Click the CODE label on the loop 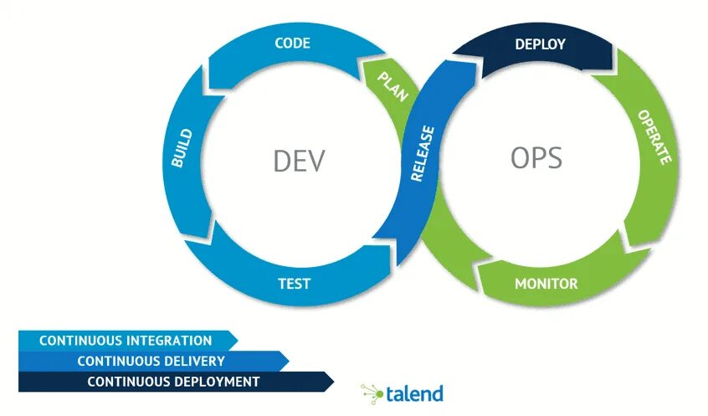[292, 44]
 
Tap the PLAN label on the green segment [392, 86]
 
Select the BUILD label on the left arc [182, 148]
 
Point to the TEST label [295, 283]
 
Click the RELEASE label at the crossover [423, 153]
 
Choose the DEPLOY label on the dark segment [540, 44]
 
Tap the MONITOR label [546, 283]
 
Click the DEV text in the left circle [298, 161]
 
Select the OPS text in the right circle [536, 157]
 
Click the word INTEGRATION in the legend [169, 341]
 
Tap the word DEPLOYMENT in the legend [216, 382]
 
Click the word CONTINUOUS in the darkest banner [129, 382]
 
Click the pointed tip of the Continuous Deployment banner [332, 382]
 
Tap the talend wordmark [415, 393]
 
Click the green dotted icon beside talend [372, 392]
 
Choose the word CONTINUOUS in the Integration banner [80, 341]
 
